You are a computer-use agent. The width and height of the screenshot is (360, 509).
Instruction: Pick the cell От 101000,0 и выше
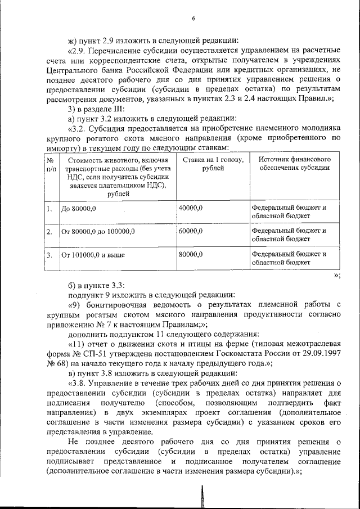coord(93,255)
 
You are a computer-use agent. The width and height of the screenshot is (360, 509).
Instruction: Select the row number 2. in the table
coord(49,232)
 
